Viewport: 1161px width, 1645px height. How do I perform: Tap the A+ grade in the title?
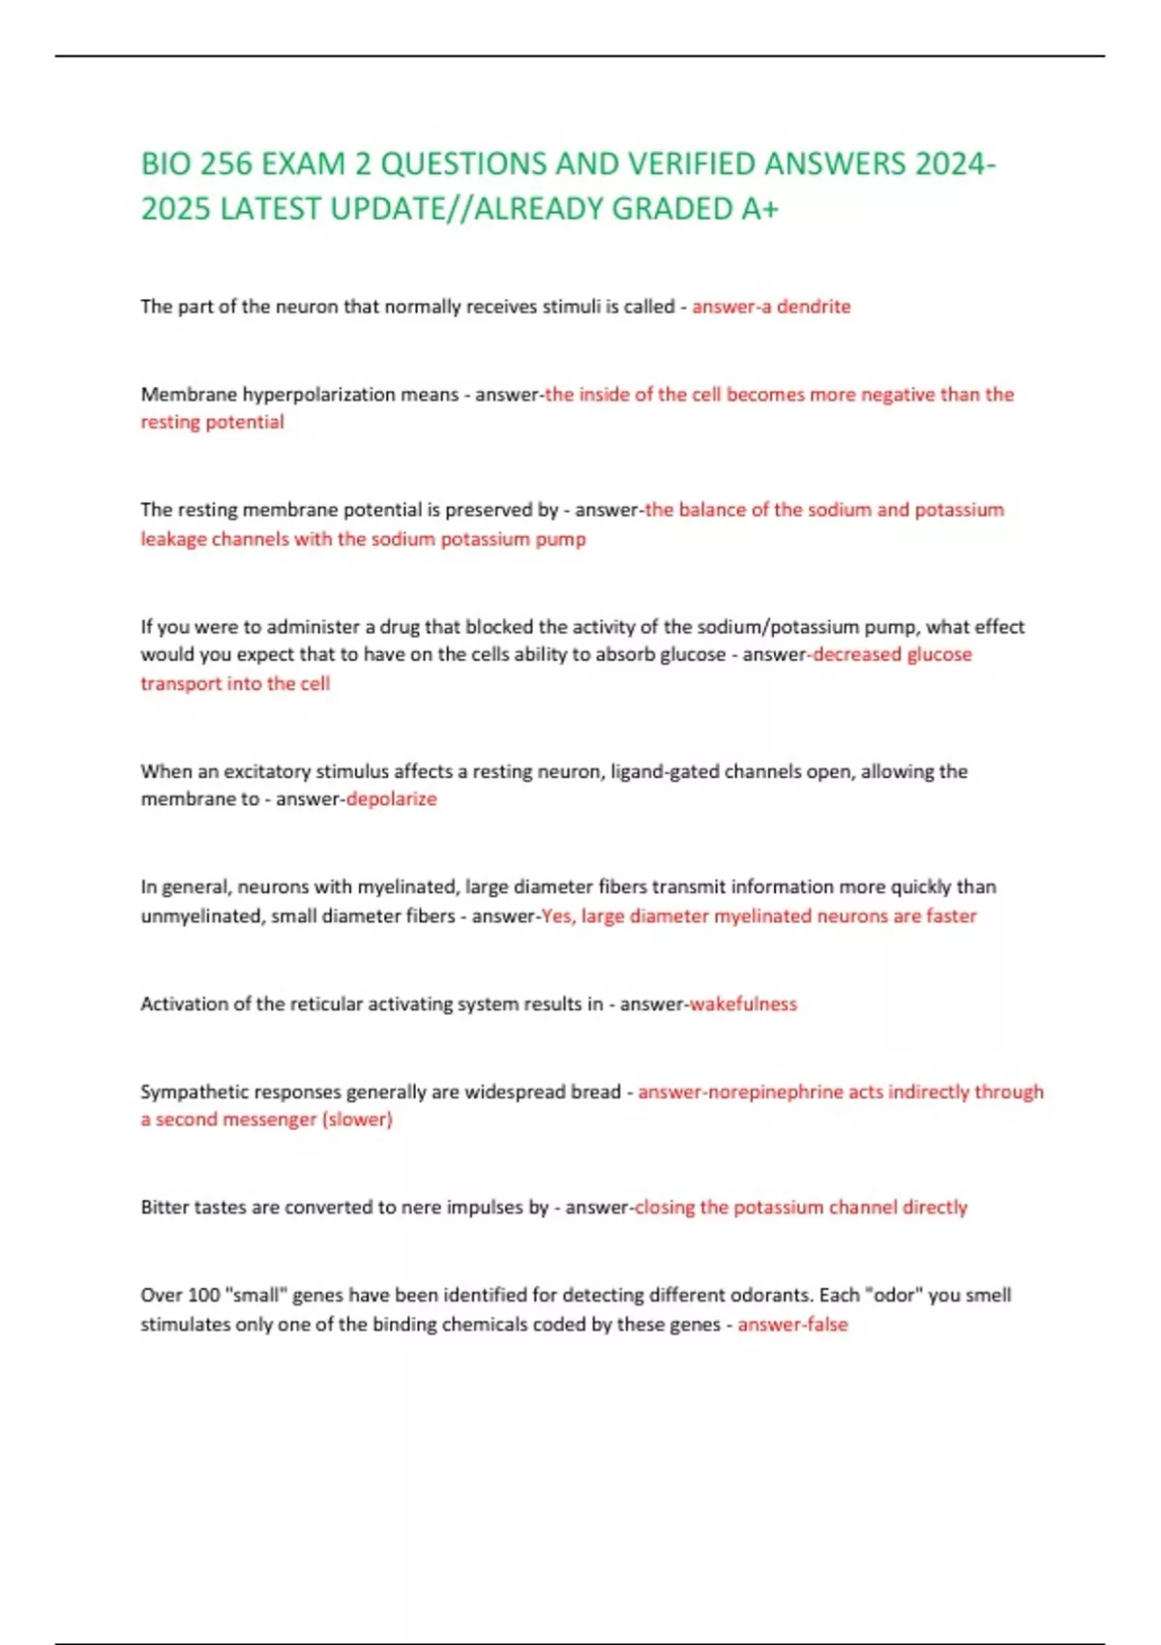point(759,209)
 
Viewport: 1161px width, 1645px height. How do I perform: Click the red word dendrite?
point(814,307)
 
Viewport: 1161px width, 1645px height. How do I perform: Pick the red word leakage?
point(173,539)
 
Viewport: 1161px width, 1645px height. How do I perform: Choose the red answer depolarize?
point(392,799)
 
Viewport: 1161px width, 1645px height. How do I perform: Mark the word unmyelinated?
point(202,916)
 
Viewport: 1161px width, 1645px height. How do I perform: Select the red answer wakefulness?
point(743,1004)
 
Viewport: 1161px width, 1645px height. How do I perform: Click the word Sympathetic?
point(192,1092)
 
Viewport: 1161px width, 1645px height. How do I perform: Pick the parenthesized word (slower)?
point(357,1120)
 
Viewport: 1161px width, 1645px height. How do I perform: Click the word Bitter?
point(164,1208)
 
